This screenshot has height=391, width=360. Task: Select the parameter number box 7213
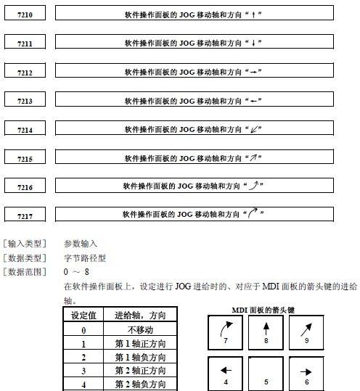tap(25, 101)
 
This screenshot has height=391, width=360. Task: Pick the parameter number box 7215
tap(25, 158)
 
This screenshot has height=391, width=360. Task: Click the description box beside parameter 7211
tap(195, 43)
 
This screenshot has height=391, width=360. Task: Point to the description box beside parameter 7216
tap(195, 186)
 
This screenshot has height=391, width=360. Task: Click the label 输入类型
tap(25, 244)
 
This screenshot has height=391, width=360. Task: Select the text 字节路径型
tap(85, 258)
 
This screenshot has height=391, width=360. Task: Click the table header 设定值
tap(83, 315)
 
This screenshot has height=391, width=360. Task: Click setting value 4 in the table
tap(83, 384)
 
